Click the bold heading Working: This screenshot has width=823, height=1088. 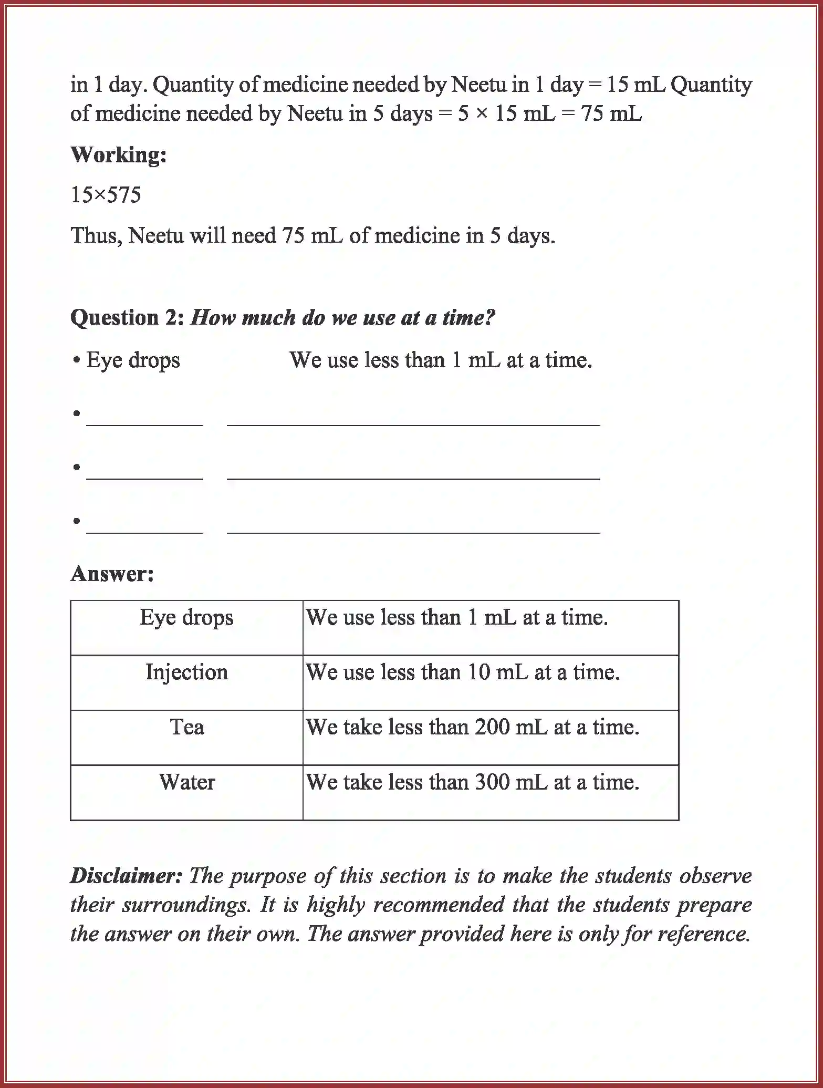[118, 155]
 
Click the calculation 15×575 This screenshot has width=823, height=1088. [106, 195]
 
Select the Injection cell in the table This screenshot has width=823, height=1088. [186, 672]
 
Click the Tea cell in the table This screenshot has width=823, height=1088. [186, 728]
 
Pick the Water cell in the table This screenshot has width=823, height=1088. [186, 782]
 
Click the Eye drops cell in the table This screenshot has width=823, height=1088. [186, 617]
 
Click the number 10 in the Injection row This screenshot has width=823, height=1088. [477, 672]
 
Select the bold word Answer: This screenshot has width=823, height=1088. [112, 574]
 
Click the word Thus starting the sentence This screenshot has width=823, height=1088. [96, 235]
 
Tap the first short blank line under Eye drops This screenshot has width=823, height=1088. [144, 424]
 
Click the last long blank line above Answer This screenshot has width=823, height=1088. [413, 532]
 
